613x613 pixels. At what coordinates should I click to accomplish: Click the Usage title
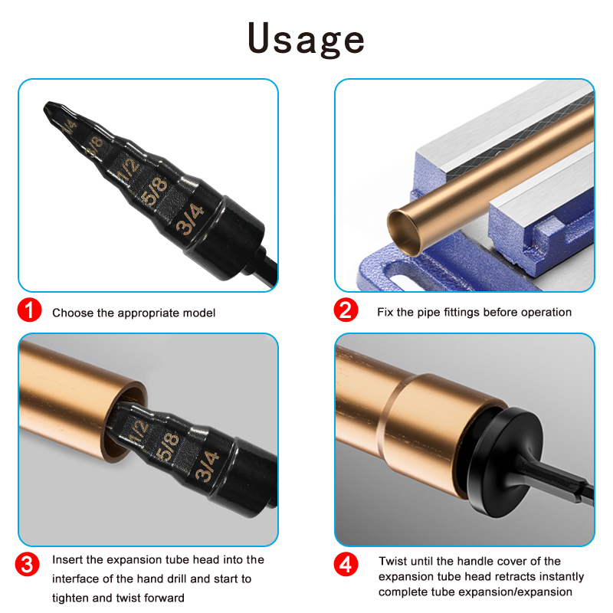(306, 40)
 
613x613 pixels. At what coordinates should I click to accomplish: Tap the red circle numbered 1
(29, 310)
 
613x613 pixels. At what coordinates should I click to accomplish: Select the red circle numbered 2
(346, 310)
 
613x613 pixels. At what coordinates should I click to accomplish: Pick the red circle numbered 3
(28, 565)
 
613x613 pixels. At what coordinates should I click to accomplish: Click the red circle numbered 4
(346, 565)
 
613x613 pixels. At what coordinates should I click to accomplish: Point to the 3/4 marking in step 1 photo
(190, 219)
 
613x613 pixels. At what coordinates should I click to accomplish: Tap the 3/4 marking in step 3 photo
(207, 466)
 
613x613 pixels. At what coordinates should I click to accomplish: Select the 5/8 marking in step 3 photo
(167, 447)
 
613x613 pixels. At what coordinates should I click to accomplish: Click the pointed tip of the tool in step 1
(46, 107)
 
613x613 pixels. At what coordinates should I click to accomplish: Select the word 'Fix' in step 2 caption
(385, 312)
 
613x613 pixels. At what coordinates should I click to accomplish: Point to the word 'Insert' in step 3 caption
(67, 560)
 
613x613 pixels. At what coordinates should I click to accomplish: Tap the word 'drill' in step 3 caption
(175, 579)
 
